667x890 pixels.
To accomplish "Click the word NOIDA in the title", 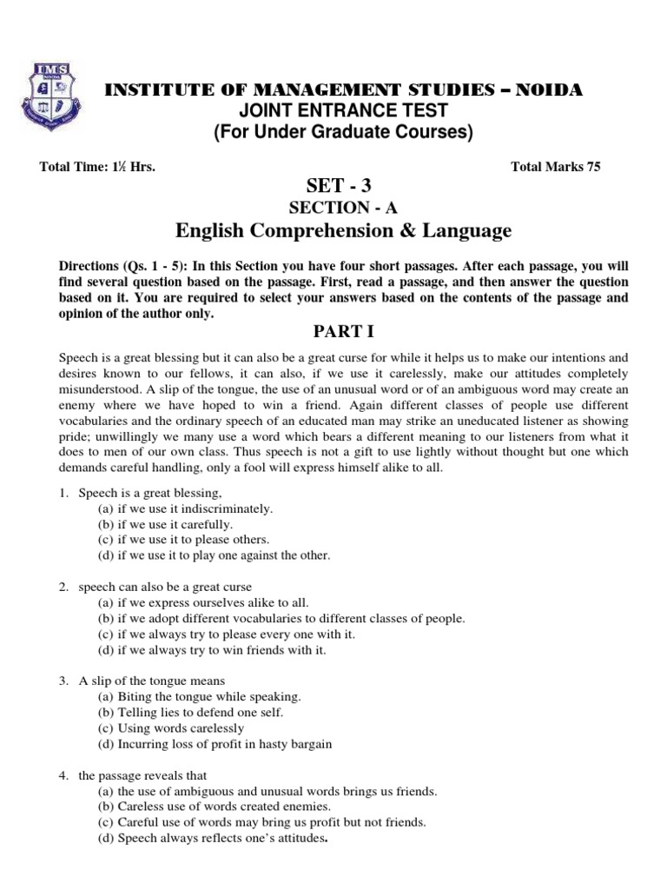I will pyautogui.click(x=546, y=90).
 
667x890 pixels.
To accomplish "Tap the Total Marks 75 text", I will pyautogui.click(x=556, y=168).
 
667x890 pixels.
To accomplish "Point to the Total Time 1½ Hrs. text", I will pyautogui.click(x=97, y=168).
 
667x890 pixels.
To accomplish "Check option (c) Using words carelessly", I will pyautogui.click(x=170, y=728).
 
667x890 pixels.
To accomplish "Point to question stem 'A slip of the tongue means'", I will pyautogui.click(x=152, y=681).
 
